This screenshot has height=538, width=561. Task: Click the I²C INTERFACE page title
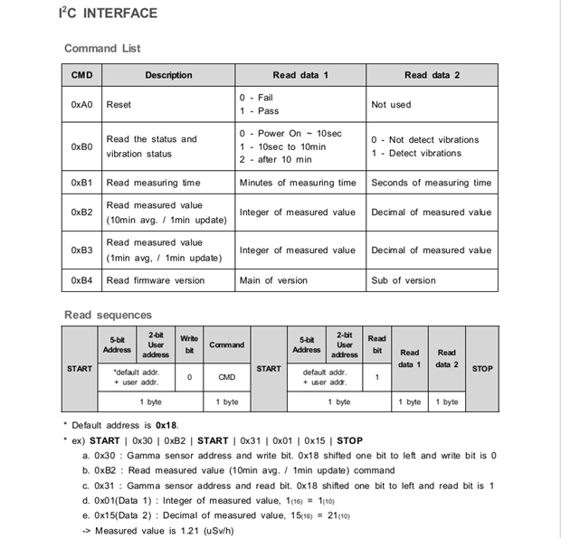[108, 14]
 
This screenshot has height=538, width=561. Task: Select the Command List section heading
[102, 48]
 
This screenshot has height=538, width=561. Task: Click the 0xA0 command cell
[81, 105]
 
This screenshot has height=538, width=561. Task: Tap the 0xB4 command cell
[81, 280]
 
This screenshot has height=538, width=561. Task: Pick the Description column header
[168, 75]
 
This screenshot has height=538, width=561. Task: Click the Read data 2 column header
[432, 75]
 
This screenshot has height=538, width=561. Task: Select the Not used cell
[391, 105]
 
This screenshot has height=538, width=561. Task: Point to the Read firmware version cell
[156, 280]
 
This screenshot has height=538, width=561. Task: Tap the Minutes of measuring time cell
[298, 183]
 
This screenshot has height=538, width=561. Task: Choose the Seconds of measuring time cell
[432, 183]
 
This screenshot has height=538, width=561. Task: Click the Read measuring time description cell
[154, 183]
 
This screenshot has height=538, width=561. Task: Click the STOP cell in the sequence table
[482, 369]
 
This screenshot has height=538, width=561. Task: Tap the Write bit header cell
[189, 345]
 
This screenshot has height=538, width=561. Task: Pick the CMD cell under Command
[226, 376]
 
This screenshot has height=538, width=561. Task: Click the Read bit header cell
[376, 345]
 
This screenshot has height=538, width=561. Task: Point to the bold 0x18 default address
[166, 424]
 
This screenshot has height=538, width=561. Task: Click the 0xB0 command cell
[81, 146]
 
